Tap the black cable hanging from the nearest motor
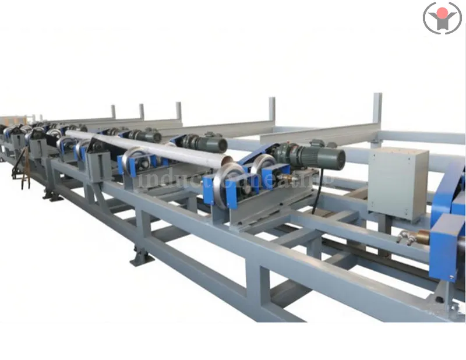317,192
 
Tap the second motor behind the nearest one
204,143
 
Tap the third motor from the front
146,136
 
